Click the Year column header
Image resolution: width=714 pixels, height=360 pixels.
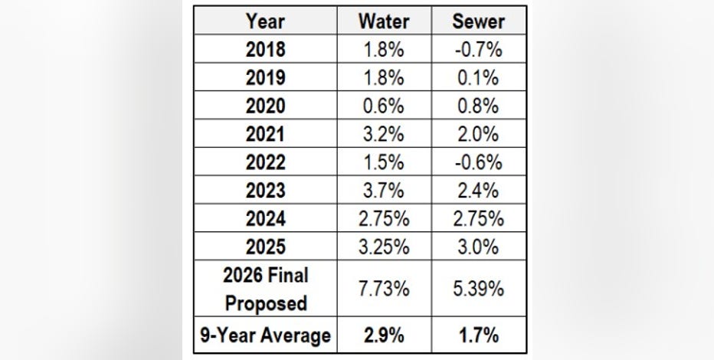click(264, 21)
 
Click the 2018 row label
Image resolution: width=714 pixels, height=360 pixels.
click(265, 49)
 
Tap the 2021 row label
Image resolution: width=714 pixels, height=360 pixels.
click(265, 134)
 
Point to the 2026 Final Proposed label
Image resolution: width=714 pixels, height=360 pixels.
click(265, 289)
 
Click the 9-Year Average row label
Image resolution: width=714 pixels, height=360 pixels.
click(265, 335)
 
